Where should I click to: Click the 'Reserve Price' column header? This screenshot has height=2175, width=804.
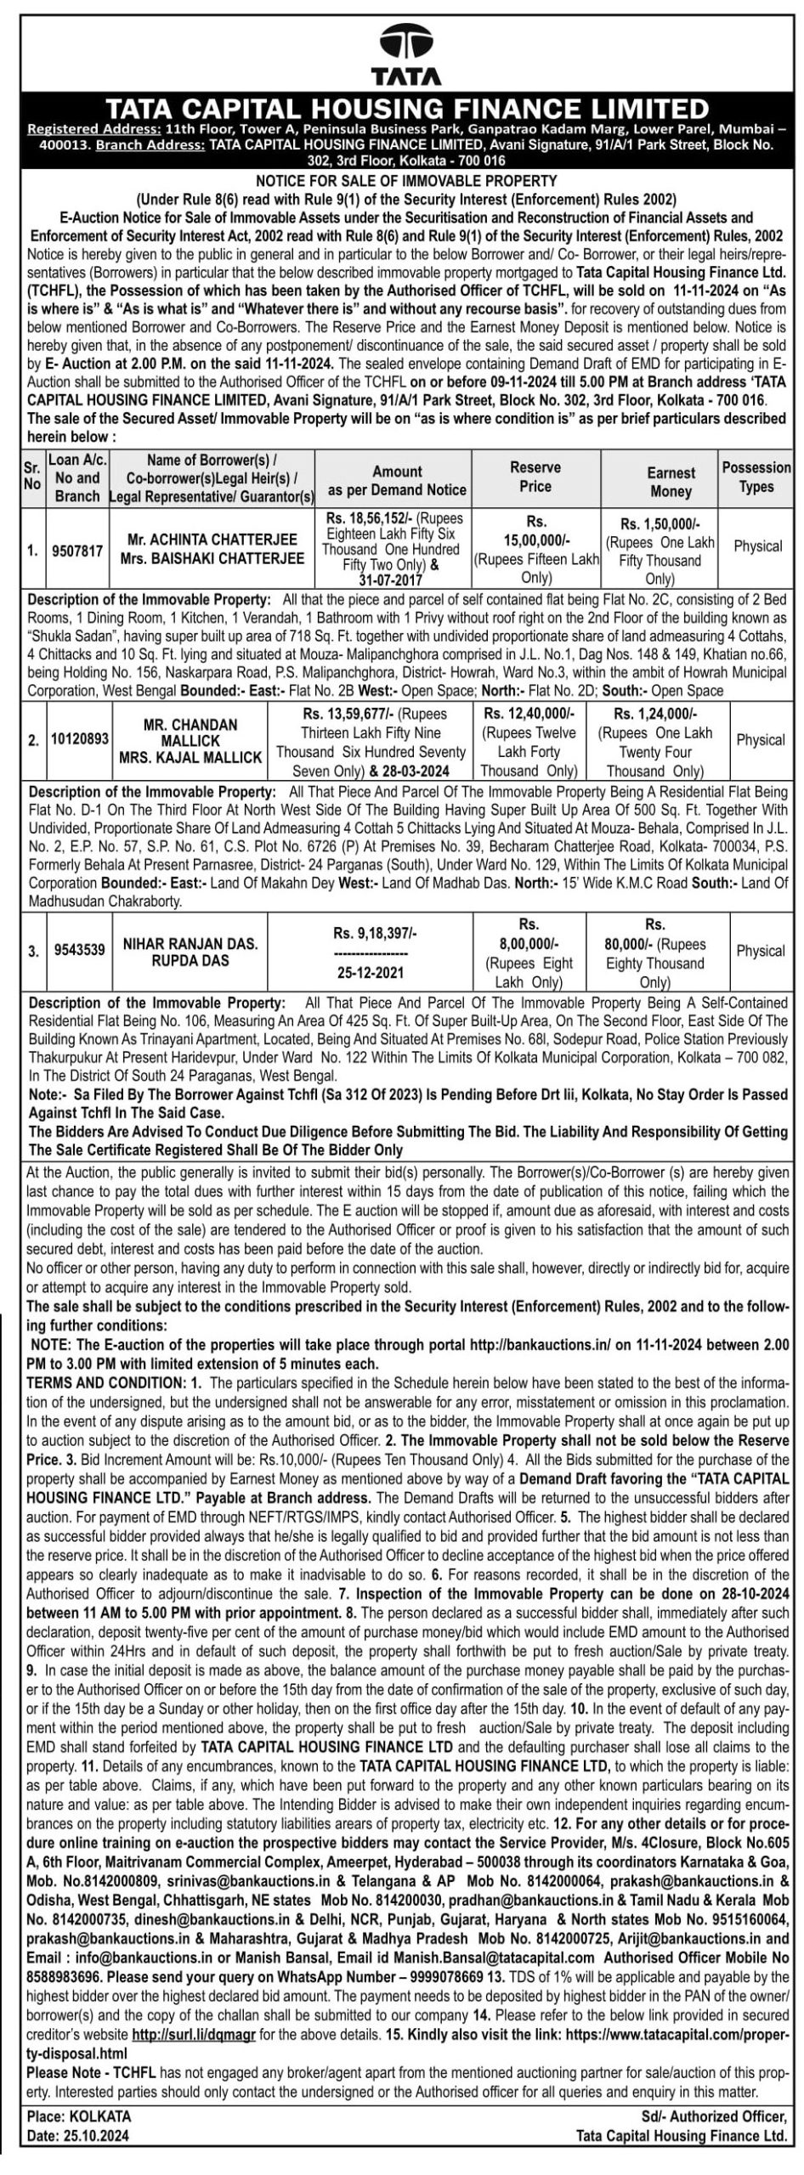coord(535,477)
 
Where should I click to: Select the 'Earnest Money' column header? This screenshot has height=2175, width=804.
coord(671,482)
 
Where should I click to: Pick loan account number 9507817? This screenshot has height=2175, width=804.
coord(77,551)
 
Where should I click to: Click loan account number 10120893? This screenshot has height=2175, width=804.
coord(80,739)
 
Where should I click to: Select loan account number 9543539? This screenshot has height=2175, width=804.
coord(79,950)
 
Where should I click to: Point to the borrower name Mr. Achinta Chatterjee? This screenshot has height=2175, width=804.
coord(212,540)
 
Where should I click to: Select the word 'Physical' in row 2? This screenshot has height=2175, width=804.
coord(760,740)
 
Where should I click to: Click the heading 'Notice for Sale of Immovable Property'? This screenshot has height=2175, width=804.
coord(406,181)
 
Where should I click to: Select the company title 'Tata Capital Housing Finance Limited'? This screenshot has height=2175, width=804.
coord(405,108)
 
